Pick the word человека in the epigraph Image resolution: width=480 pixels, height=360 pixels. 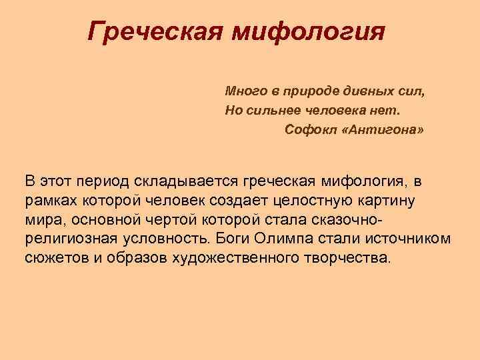[333, 109]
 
